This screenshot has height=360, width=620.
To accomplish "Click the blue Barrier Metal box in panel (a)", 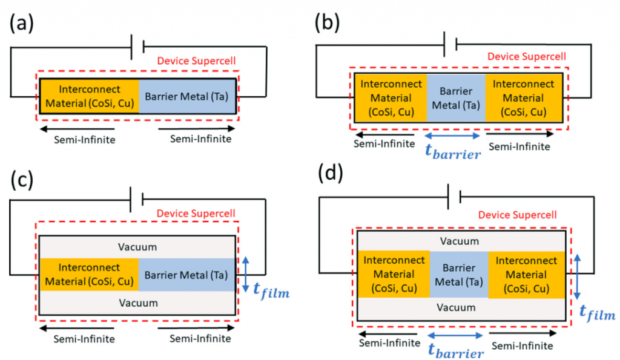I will point(188,96).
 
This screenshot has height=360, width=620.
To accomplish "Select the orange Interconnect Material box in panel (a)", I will point(90,96).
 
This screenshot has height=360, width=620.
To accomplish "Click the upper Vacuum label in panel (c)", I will point(138,247).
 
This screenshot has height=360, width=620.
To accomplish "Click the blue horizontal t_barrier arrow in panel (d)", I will point(456,335).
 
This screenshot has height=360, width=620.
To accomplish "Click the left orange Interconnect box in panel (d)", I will point(393,274).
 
